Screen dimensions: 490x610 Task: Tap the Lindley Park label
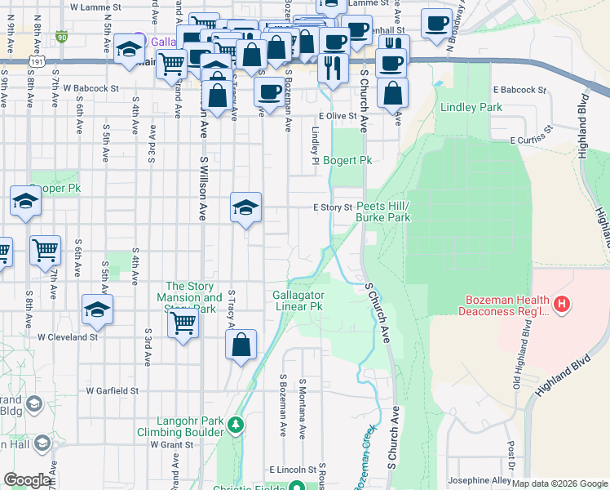click(471, 107)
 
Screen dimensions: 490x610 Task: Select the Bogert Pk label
click(348, 161)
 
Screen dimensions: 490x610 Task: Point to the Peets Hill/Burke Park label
click(382, 212)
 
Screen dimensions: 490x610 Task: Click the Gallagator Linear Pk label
click(298, 301)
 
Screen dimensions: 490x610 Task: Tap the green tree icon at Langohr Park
click(236, 424)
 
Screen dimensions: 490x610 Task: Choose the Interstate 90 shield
click(62, 37)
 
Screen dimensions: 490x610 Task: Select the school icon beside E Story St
click(245, 208)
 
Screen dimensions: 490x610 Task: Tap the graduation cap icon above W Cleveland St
click(97, 310)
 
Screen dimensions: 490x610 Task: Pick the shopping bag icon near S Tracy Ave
click(241, 345)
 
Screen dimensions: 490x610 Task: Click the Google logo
click(27, 480)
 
